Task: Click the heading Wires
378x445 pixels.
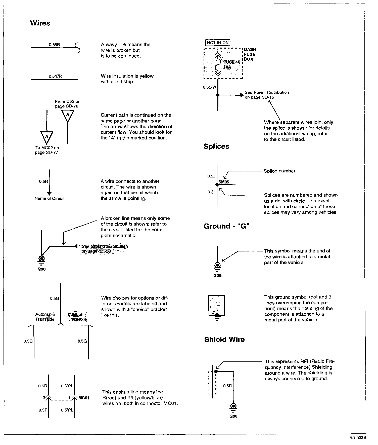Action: pyautogui.click(x=40, y=23)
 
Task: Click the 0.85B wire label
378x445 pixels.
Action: pyautogui.click(x=55, y=45)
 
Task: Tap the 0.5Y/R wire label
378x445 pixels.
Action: pyautogui.click(x=55, y=76)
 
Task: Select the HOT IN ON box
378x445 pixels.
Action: pyautogui.click(x=218, y=43)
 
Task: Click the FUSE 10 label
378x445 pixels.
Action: pyautogui.click(x=232, y=62)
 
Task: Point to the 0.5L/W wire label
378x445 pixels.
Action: pyautogui.click(x=209, y=87)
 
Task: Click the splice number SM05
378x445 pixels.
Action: pyautogui.click(x=224, y=182)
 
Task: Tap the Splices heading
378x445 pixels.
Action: pyautogui.click(x=216, y=146)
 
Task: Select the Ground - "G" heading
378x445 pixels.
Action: pyautogui.click(x=226, y=226)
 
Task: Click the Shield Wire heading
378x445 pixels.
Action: pyautogui.click(x=224, y=340)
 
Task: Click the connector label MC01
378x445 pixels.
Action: pyautogui.click(x=84, y=398)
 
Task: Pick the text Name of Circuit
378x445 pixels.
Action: pyautogui.click(x=50, y=198)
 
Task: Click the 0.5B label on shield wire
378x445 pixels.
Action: pyautogui.click(x=227, y=386)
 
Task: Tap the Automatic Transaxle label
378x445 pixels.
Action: pyautogui.click(x=45, y=317)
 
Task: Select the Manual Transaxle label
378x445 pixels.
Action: pyautogui.click(x=77, y=317)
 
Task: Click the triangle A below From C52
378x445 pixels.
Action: pyautogui.click(x=67, y=115)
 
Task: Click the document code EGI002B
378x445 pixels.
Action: pyautogui.click(x=357, y=437)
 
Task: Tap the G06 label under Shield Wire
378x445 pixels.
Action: pyautogui.click(x=233, y=416)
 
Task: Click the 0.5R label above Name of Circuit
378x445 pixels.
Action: pyautogui.click(x=43, y=181)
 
